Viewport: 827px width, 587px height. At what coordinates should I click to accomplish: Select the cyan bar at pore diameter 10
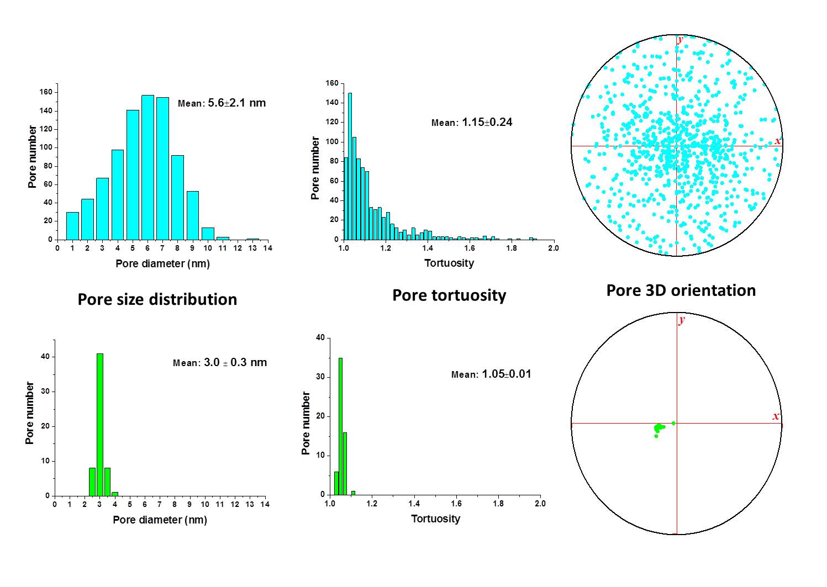[208, 234]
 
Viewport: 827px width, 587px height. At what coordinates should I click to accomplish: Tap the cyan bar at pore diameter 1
[72, 226]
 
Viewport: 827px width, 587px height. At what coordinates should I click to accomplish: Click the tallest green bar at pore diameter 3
[100, 425]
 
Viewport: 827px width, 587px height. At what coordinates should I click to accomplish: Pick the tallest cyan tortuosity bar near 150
[350, 166]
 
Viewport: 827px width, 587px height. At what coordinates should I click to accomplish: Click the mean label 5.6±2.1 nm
[222, 103]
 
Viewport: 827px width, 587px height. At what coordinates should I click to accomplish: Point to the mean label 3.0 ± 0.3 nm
[220, 363]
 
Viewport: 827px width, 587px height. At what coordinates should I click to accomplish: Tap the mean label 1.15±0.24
[472, 123]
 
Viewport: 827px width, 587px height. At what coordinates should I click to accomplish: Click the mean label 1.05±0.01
[491, 374]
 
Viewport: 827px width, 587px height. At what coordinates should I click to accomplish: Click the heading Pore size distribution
[157, 299]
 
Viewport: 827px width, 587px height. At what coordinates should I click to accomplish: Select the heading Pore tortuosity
[449, 295]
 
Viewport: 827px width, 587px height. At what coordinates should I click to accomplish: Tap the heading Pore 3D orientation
[681, 290]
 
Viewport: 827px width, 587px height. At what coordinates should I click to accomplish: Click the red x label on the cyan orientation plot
[777, 141]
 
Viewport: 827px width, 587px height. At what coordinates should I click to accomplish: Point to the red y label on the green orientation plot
[682, 320]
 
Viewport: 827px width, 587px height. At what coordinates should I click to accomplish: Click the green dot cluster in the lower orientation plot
[659, 427]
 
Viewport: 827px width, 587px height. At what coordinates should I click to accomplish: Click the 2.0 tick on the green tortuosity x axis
[540, 504]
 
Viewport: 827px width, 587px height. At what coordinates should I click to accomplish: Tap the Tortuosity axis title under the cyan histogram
[449, 263]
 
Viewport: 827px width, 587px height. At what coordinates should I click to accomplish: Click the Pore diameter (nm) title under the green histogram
[160, 520]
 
